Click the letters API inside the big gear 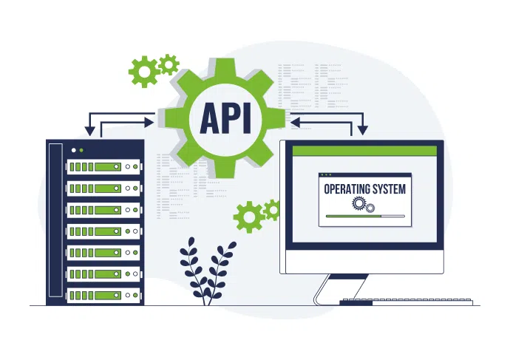(225, 118)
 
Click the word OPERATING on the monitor (347, 189)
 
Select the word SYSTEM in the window (390, 189)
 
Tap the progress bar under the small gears (365, 217)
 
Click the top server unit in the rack (103, 167)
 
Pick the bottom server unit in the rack (103, 296)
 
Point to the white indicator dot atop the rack (74, 150)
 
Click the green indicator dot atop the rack (81, 150)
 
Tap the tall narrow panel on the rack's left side (55, 220)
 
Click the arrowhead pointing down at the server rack (89, 131)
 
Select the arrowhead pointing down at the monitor (363, 130)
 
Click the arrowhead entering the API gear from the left (149, 123)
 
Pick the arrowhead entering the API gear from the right (296, 123)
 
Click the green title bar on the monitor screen (364, 151)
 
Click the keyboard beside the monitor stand (407, 302)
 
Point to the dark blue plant (207, 271)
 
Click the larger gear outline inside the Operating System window (358, 203)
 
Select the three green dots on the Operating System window (326, 175)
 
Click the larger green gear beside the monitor (249, 217)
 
